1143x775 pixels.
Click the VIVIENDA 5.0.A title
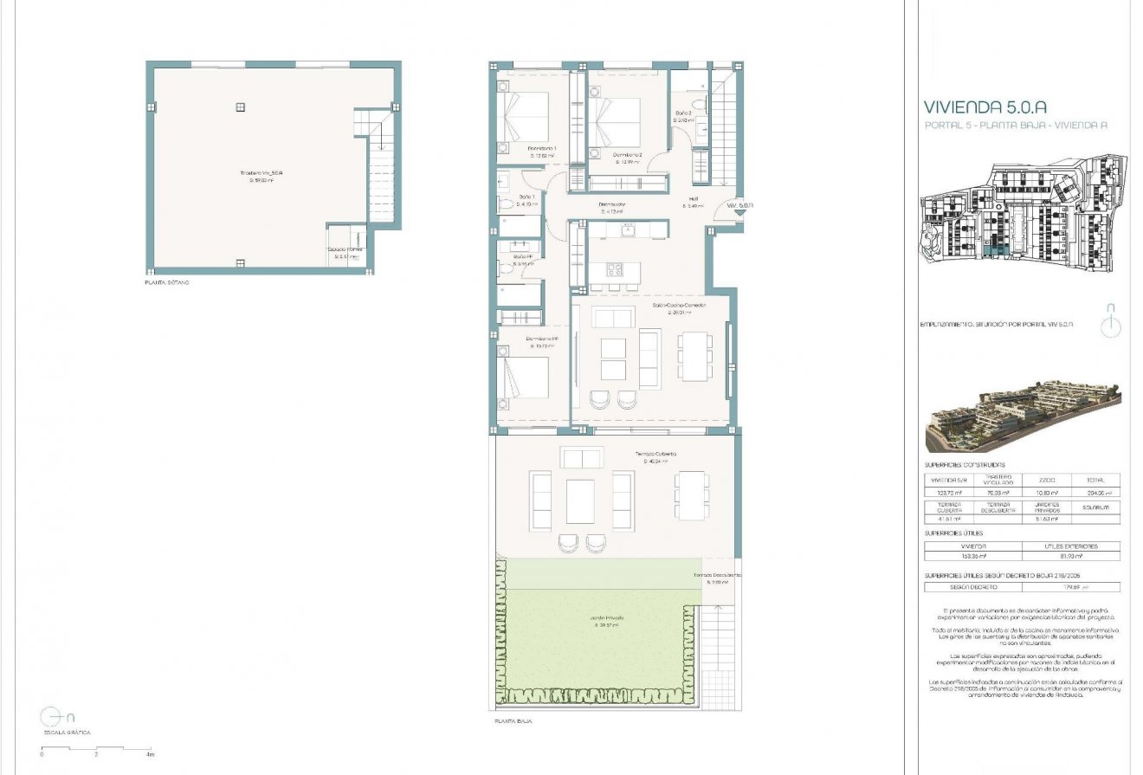985,107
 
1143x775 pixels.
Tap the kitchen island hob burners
614,268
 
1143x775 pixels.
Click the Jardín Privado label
607,617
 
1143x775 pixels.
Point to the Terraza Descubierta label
714,576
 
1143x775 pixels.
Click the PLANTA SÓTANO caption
166,283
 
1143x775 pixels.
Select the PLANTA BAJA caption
513,720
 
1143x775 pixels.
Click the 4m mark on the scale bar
151,754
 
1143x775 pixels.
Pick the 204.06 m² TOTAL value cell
1095,492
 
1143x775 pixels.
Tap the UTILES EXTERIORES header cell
1070,546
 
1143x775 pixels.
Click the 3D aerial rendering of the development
1022,417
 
